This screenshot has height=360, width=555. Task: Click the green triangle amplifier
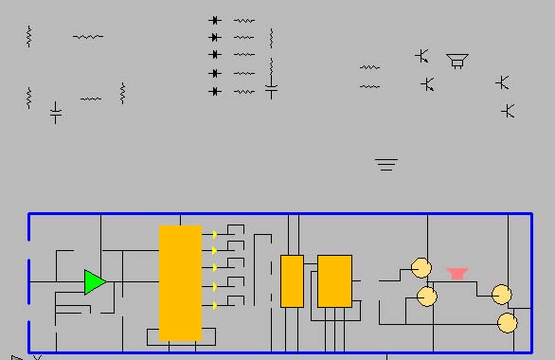click(x=94, y=282)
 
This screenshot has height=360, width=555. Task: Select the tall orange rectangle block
click(x=180, y=282)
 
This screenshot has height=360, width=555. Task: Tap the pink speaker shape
click(x=457, y=273)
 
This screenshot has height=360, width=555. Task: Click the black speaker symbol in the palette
click(x=458, y=62)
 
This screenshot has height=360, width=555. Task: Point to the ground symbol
click(x=385, y=165)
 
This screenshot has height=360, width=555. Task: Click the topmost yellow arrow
click(x=215, y=233)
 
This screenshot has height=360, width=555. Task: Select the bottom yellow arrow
click(x=215, y=305)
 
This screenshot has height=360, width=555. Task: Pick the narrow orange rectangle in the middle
click(x=292, y=280)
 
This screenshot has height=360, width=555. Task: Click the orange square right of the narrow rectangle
click(x=334, y=280)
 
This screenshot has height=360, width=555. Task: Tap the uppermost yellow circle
click(x=421, y=268)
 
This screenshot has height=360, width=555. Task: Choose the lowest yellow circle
click(x=508, y=323)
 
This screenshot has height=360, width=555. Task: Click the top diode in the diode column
click(x=215, y=20)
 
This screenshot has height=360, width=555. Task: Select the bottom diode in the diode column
click(x=215, y=91)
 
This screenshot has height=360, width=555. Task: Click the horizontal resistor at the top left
click(x=88, y=37)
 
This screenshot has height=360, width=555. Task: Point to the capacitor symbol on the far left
click(x=56, y=113)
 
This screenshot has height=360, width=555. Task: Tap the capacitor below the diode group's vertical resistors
click(x=272, y=91)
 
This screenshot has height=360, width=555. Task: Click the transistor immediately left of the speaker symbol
click(x=422, y=56)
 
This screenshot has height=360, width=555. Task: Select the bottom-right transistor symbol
click(x=508, y=111)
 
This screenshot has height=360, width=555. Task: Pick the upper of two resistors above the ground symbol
click(x=369, y=67)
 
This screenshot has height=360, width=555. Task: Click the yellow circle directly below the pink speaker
click(x=427, y=297)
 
